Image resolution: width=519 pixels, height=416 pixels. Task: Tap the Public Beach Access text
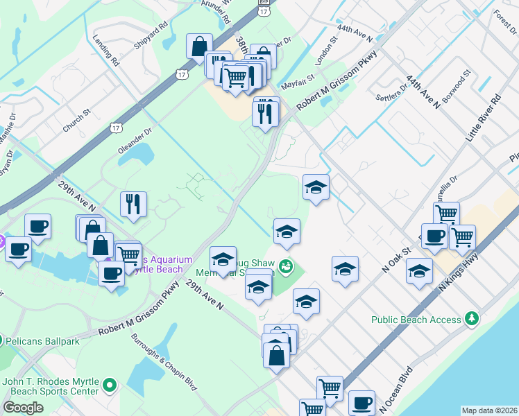point(416,320)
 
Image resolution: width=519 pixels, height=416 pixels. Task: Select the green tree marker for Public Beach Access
point(473,318)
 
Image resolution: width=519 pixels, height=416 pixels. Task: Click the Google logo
point(23,408)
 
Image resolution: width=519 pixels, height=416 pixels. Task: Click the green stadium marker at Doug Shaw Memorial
point(285,266)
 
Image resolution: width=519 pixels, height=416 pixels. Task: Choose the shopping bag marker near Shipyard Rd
point(199,46)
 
